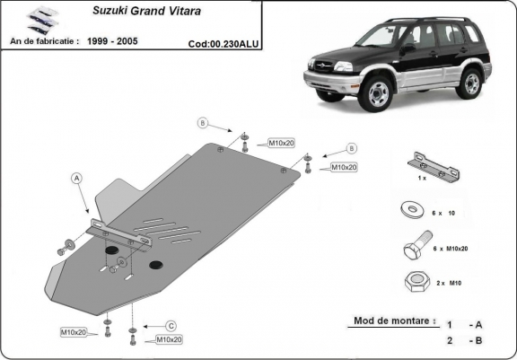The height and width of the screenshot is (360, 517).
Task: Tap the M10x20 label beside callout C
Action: pyautogui.click(x=169, y=339)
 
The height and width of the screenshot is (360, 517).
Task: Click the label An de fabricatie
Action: pyautogui.click(x=43, y=41)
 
